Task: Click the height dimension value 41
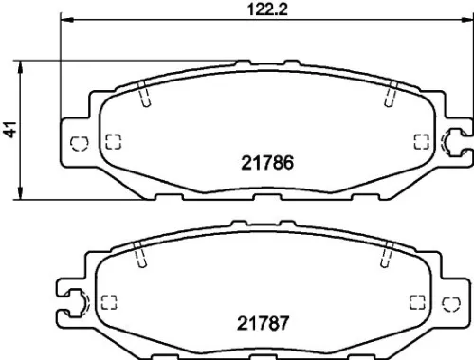[11, 132]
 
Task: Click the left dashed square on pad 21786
[113, 142]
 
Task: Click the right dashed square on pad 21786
[422, 142]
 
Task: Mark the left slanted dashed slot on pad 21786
[142, 96]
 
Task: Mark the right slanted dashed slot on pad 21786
[391, 96]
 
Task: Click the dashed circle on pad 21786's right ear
[451, 142]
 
